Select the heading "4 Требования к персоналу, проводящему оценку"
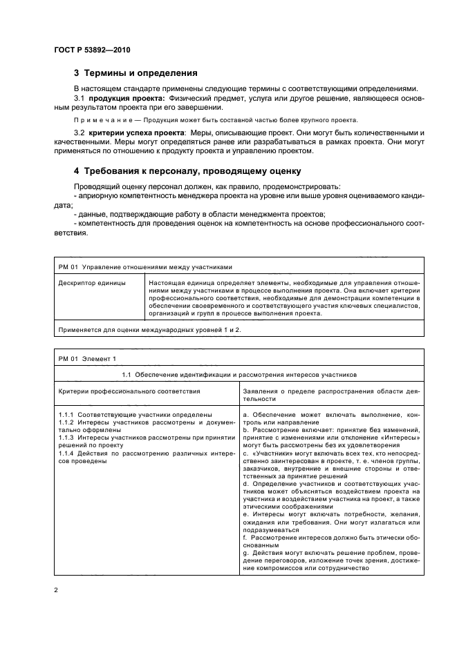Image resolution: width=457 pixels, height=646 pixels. tap(187, 170)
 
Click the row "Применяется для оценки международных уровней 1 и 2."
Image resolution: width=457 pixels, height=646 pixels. tap(149, 330)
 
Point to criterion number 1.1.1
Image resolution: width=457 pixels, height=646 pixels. tap(68, 414)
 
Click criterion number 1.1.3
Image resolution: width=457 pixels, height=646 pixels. tap(68, 436)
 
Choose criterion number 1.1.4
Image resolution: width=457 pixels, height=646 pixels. tap(68, 451)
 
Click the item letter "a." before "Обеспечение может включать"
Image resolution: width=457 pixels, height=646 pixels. tap(246, 414)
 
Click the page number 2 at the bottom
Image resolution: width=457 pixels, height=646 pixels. tap(56, 591)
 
